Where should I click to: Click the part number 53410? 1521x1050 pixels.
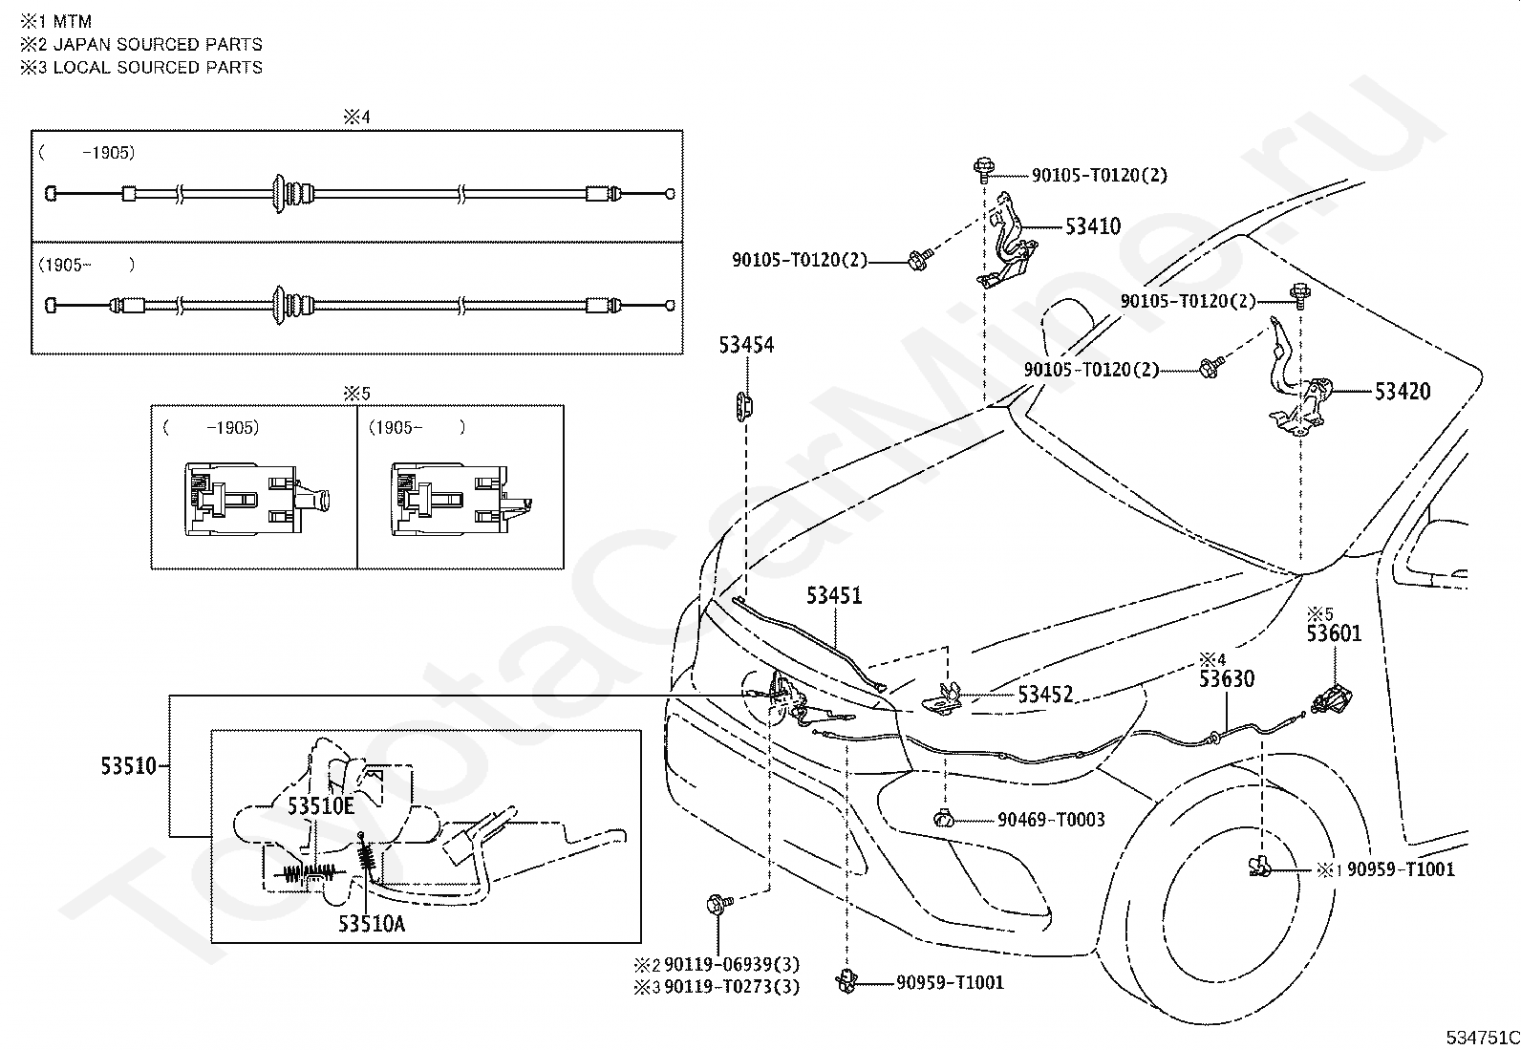pos(1093,226)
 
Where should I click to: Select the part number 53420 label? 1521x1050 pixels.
pos(1403,391)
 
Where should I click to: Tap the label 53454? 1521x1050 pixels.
pos(746,345)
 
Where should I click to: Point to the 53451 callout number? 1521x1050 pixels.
pos(834,595)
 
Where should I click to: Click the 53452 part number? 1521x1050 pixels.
pos(1045,695)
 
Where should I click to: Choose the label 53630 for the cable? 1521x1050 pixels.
pos(1227,678)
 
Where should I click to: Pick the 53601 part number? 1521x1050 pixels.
pos(1335,633)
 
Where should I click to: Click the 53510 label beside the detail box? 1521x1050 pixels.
pos(129,766)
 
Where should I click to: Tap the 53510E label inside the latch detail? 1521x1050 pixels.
pos(320,806)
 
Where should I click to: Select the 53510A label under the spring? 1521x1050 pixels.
pos(372,924)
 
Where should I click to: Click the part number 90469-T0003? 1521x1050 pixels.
pos(1051,820)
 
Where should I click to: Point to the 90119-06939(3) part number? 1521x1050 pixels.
pos(732,964)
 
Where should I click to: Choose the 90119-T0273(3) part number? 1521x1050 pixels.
pos(732,987)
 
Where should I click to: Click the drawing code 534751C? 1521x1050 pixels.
pos(1482,1038)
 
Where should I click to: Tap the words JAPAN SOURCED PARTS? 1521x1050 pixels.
pos(158,45)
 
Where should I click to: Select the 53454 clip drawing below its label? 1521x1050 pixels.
pos(744,406)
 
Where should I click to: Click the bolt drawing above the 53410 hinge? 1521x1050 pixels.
pos(983,170)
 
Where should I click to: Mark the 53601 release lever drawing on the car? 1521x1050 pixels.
pos(1331,699)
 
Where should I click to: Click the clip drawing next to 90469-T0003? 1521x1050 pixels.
pos(944,819)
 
